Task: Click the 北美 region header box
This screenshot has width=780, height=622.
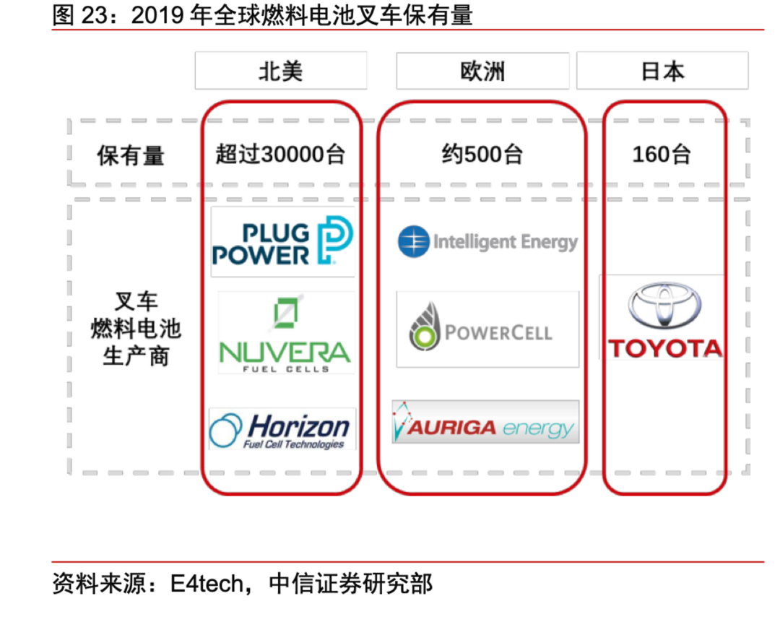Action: coord(281,71)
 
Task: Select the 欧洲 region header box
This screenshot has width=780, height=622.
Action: coord(482,71)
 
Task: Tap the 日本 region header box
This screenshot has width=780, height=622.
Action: coord(662,71)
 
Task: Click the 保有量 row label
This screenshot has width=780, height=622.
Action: coord(131,155)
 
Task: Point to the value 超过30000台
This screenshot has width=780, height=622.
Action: coord(280,155)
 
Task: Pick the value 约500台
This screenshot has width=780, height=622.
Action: coord(482,155)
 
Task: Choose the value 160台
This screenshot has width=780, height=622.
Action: coord(662,155)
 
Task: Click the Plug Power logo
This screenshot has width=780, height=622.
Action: coord(282,241)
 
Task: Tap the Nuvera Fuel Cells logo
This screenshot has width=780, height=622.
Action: coord(285,332)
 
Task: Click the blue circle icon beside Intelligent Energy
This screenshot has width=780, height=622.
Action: coord(413,241)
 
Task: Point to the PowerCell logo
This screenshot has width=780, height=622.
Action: coord(487,329)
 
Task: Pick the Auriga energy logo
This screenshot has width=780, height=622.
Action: coord(485,422)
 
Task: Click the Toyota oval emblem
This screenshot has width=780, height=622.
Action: coord(664,306)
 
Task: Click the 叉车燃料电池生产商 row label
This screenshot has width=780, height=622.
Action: coord(136,329)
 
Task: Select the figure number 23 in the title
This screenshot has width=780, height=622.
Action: coord(95,15)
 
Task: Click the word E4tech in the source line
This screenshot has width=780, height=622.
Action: coord(207,584)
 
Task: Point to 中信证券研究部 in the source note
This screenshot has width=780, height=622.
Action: coord(351,584)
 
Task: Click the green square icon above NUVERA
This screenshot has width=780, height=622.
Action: coord(285,313)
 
